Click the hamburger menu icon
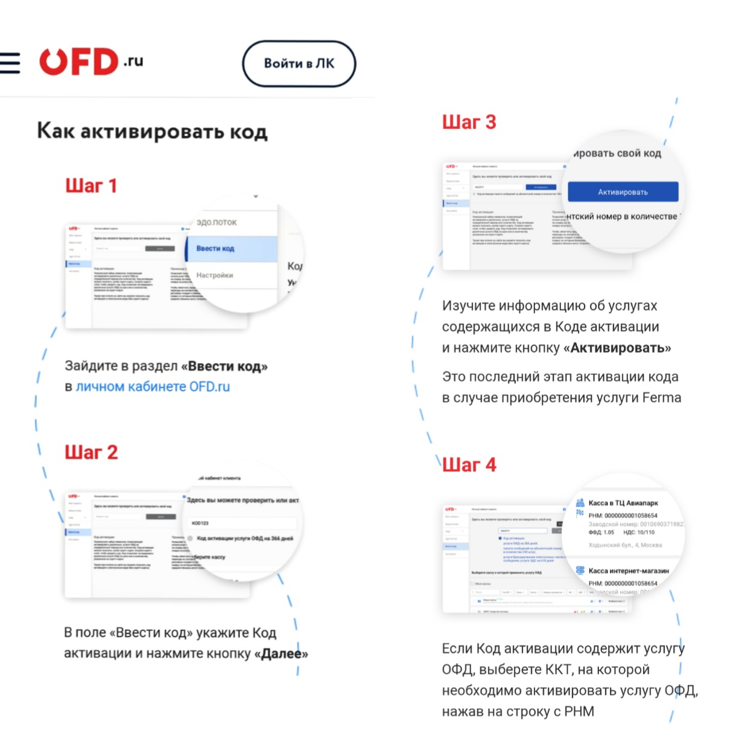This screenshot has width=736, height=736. point(10,63)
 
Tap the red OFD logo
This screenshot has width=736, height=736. point(79,62)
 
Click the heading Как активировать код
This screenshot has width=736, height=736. point(152,131)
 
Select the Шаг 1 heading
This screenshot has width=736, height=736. point(90,185)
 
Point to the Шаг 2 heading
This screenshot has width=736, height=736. point(91,452)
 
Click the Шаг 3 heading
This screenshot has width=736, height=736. point(469,122)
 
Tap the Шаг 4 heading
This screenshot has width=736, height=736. point(469,465)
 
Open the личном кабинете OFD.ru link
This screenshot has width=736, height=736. point(153,387)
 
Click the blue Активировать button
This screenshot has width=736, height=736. point(623,192)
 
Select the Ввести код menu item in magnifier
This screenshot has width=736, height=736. point(215,249)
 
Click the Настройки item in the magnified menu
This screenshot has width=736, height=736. point(215,275)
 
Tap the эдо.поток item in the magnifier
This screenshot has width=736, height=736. point(217,223)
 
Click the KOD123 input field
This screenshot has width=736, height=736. point(241,523)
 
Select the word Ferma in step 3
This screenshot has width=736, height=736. point(662,398)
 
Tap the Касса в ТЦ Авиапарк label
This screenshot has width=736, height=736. point(623,503)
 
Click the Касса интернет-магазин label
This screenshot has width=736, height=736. point(628,571)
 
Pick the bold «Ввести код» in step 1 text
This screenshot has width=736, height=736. point(224,366)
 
